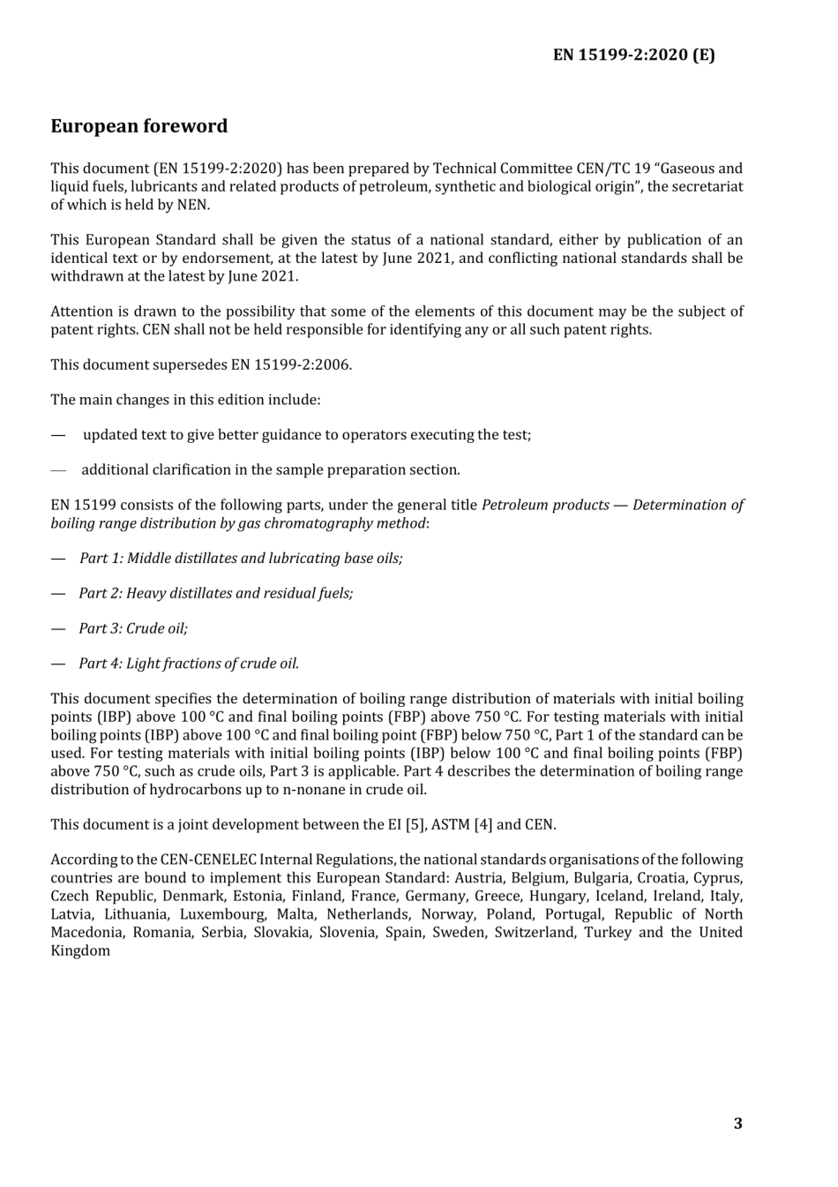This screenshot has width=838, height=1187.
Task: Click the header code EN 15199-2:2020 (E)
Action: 633,55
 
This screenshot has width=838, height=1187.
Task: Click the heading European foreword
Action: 138,126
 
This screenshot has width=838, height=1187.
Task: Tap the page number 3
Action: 737,1123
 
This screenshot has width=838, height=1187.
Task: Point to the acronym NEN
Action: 194,205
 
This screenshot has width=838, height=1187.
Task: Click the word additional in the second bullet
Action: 114,470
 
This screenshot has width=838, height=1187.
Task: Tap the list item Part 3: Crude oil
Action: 133,629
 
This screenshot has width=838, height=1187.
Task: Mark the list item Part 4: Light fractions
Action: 189,665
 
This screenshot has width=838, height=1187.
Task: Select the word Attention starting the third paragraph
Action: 82,312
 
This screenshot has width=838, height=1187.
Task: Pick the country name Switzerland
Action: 534,933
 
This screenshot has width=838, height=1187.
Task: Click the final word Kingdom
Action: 80,951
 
